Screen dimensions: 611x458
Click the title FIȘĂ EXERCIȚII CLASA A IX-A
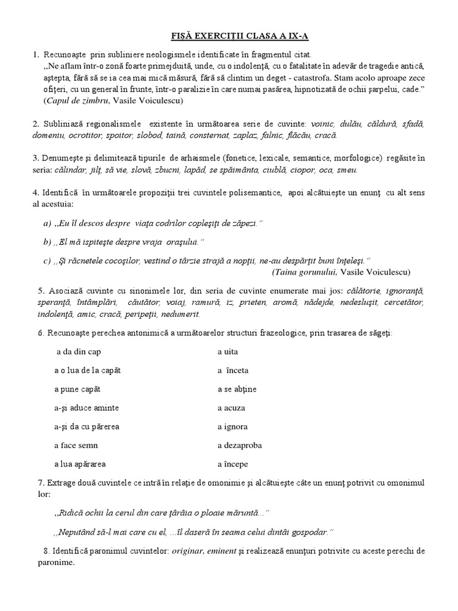[228, 35]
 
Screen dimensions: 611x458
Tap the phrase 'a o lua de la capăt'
[87, 371]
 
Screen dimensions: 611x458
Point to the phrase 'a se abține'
[237, 389]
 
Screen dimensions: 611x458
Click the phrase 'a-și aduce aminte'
[86, 408]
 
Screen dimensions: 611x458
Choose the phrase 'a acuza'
[231, 408]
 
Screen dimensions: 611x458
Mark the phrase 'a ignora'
[233, 427]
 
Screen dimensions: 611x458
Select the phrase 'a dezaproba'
[240, 445]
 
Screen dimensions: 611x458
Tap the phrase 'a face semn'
[76, 445]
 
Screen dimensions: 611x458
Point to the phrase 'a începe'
[233, 464]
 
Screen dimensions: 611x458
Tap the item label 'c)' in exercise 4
[47, 260]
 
